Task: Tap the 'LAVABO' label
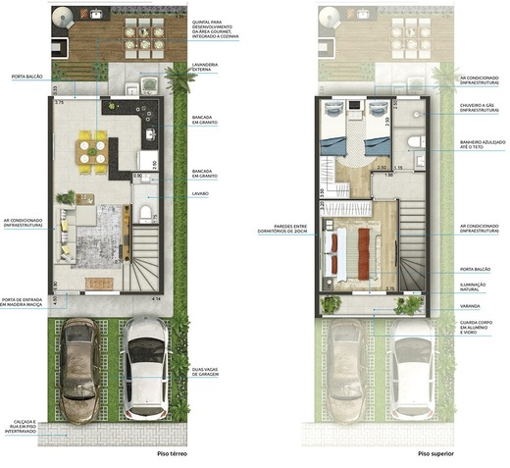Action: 201,194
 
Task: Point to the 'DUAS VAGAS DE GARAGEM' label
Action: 204,373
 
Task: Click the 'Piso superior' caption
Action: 436,454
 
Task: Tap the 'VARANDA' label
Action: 471,305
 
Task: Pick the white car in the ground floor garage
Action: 144,368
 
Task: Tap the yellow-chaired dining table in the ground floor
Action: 93,150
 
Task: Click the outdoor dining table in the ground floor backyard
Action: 144,35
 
